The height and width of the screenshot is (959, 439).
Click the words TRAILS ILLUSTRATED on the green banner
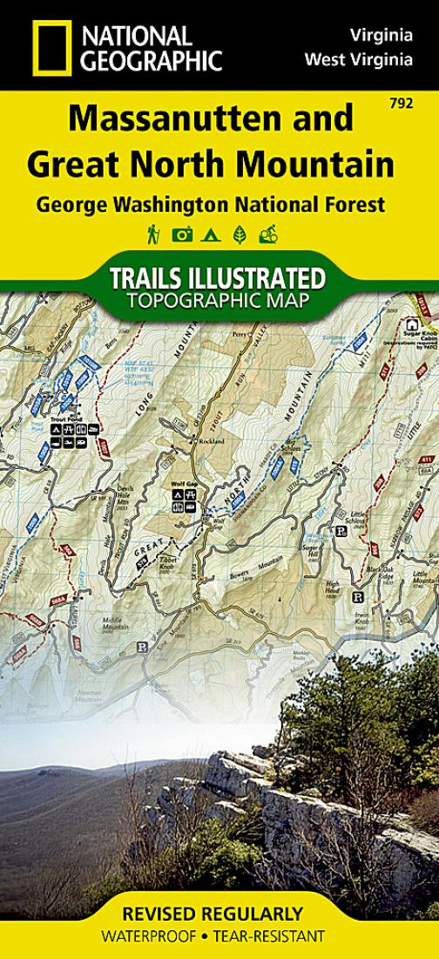[x=217, y=279]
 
